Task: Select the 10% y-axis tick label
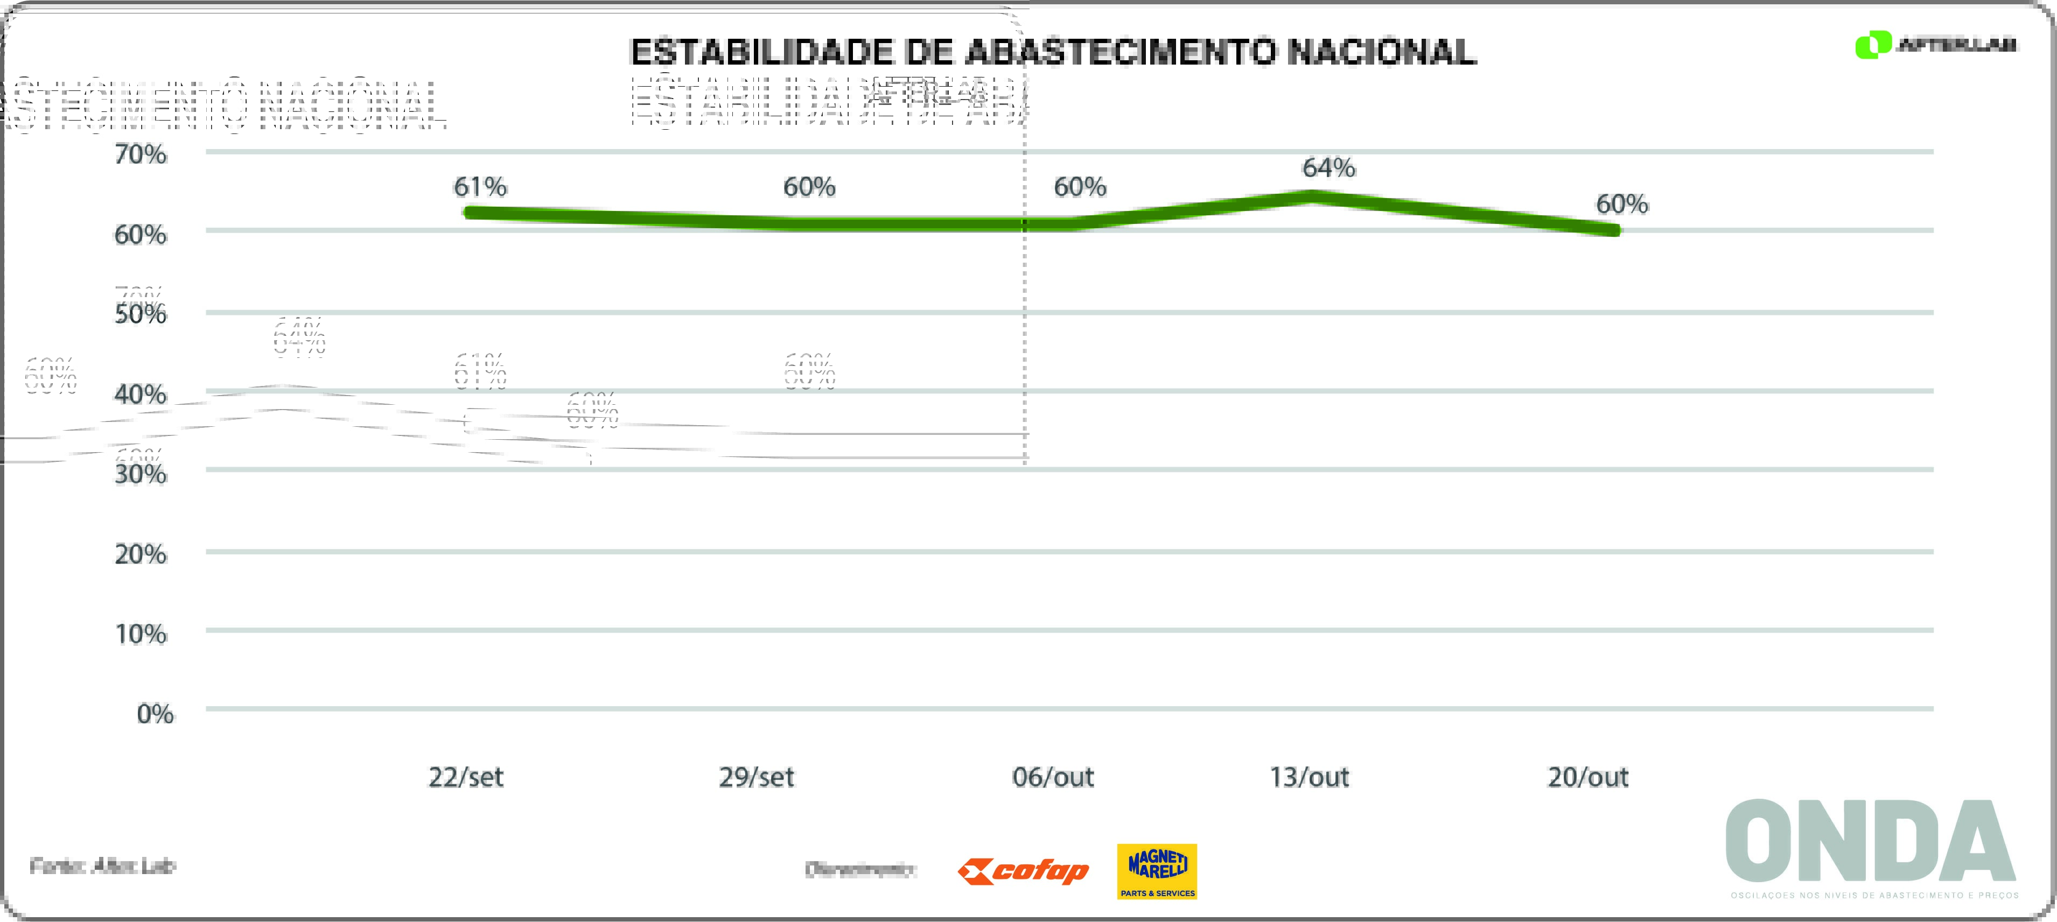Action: pos(141,634)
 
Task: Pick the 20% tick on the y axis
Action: pos(141,553)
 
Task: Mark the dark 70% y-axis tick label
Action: pos(141,153)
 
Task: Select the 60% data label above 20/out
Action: pos(1622,205)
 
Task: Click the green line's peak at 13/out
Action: pos(1311,196)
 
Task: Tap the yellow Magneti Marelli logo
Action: pos(1157,871)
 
